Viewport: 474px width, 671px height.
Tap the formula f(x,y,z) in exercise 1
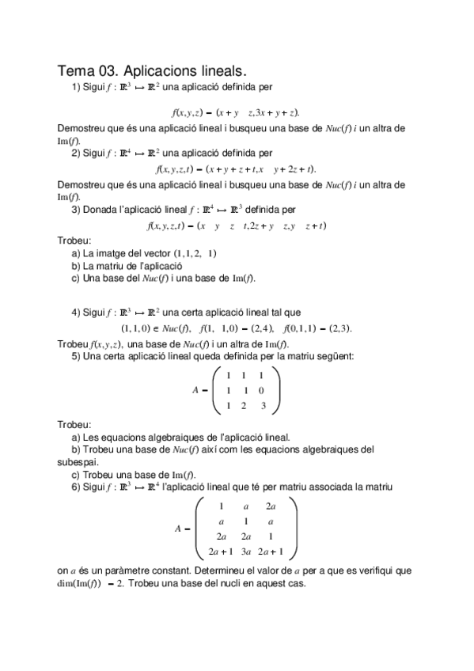coord(188,112)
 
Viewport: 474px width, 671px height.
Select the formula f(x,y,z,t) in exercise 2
coord(179,169)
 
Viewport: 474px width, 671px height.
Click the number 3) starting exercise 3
coord(77,210)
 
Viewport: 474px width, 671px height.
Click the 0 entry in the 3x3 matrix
coord(262,391)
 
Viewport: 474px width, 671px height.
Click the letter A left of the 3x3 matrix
coord(195,391)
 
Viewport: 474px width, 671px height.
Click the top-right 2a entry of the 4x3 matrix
coord(271,506)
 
